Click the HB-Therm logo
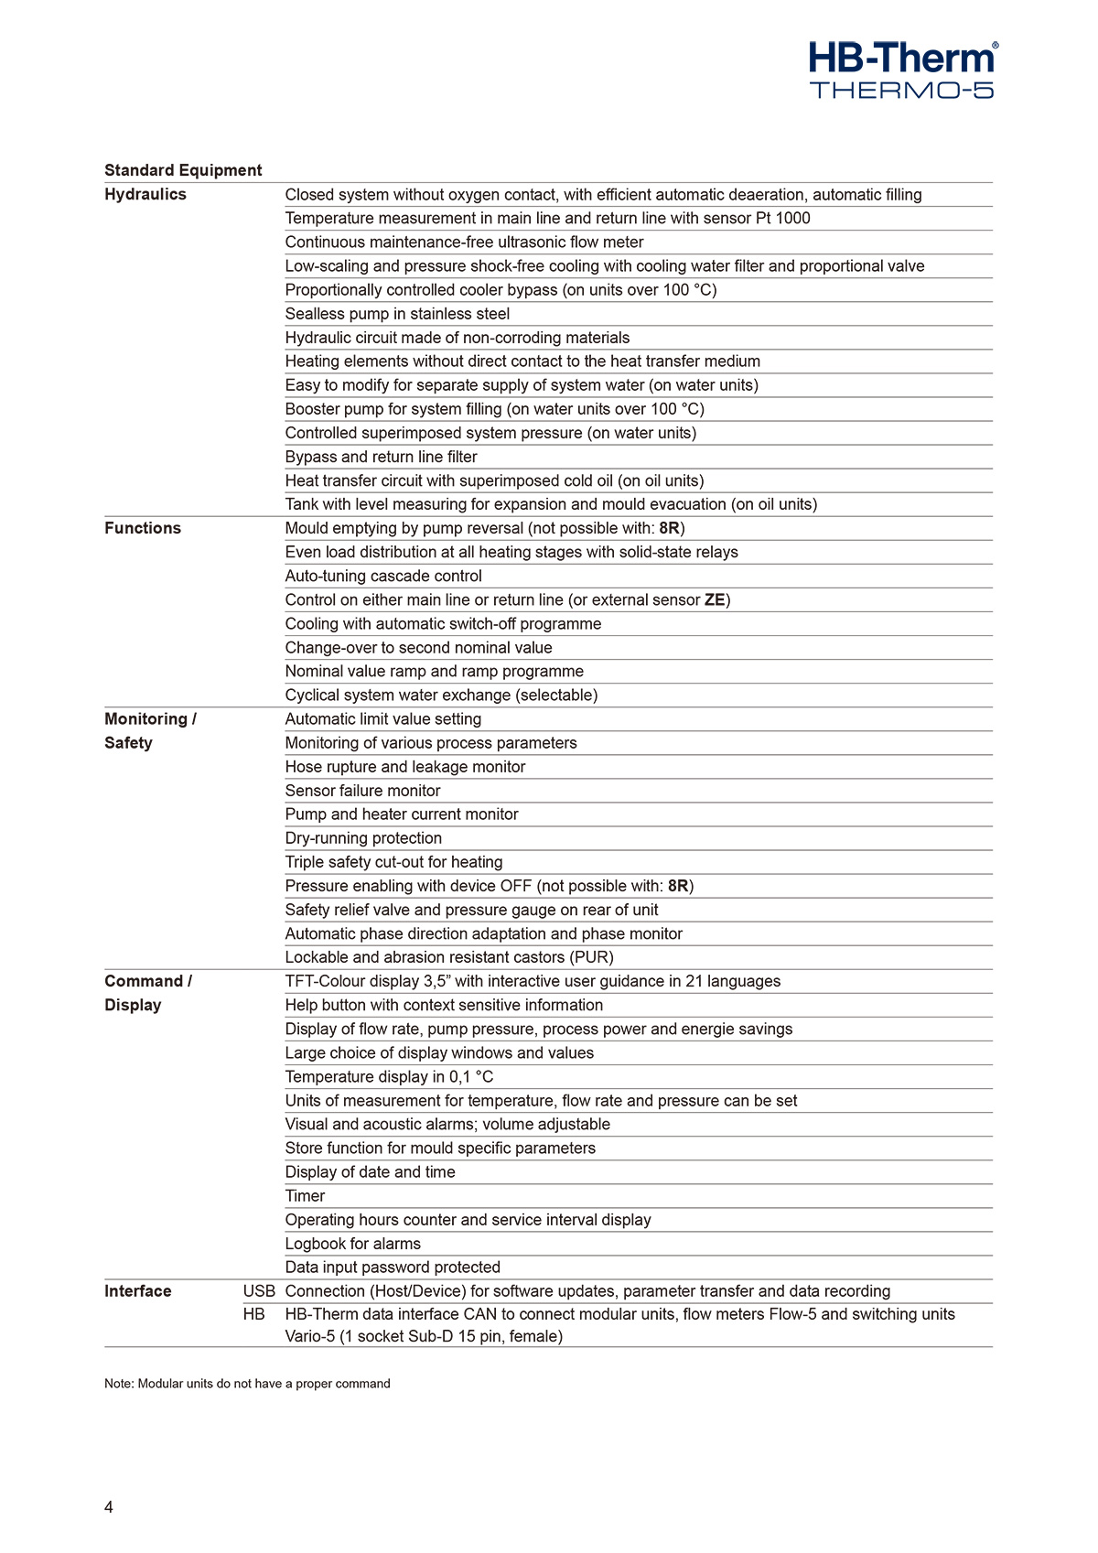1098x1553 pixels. coord(902,59)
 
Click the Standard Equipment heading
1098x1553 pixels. coord(183,170)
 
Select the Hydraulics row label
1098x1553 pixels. coord(145,194)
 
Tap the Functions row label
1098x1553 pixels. coord(143,528)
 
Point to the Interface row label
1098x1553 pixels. coord(137,1291)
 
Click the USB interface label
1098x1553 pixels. coord(259,1291)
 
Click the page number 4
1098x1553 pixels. coord(109,1507)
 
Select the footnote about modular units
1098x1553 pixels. coord(247,1384)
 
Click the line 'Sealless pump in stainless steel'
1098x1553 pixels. coord(397,314)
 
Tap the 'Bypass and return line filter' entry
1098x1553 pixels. coord(381,457)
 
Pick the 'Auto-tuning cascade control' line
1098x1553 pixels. coord(383,576)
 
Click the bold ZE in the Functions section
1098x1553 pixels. coord(715,600)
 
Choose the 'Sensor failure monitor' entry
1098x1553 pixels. coord(362,791)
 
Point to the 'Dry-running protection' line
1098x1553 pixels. coord(363,838)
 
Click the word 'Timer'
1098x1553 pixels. coord(305,1196)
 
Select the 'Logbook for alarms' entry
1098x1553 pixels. coord(352,1244)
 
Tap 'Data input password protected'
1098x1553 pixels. coord(393,1267)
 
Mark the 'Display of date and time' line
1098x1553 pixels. coord(370,1172)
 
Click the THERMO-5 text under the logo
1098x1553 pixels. coord(901,90)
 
